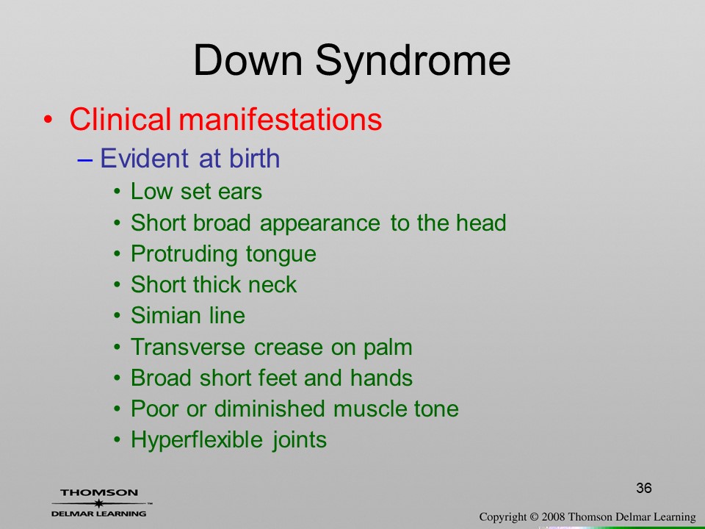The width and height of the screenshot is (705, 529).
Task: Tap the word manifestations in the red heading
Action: coord(281,119)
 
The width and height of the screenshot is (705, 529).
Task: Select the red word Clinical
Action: coord(120,119)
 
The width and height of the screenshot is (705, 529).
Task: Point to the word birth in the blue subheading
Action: coord(255,158)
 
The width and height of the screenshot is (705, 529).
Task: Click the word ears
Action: coord(239,192)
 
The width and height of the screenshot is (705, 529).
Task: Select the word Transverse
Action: coord(187,347)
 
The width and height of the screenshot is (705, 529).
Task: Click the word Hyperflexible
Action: coord(197,440)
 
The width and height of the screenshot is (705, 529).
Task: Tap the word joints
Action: coord(300,440)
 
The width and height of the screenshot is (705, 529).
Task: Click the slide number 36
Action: coord(644,488)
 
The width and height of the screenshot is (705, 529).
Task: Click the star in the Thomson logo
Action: coord(98,503)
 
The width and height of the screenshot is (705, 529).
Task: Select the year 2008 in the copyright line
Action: coord(552,517)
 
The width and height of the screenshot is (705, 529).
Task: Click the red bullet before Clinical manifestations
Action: coord(48,120)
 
